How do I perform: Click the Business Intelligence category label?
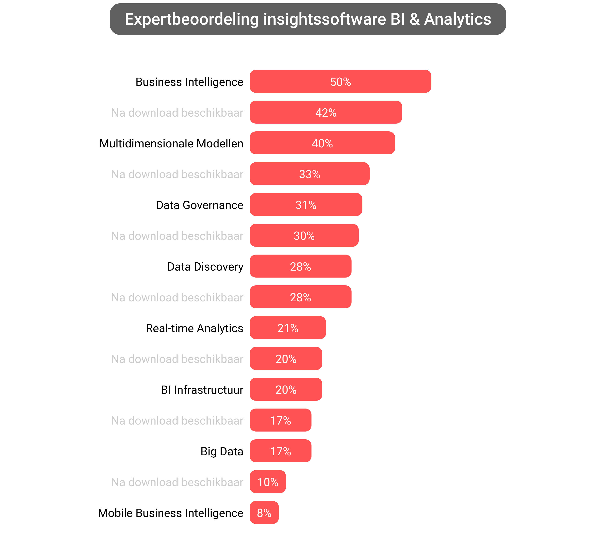[189, 82]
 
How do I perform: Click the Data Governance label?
[199, 205]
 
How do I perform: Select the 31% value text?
[306, 205]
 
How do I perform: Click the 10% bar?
[268, 482]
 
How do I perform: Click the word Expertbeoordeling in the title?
[191, 19]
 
